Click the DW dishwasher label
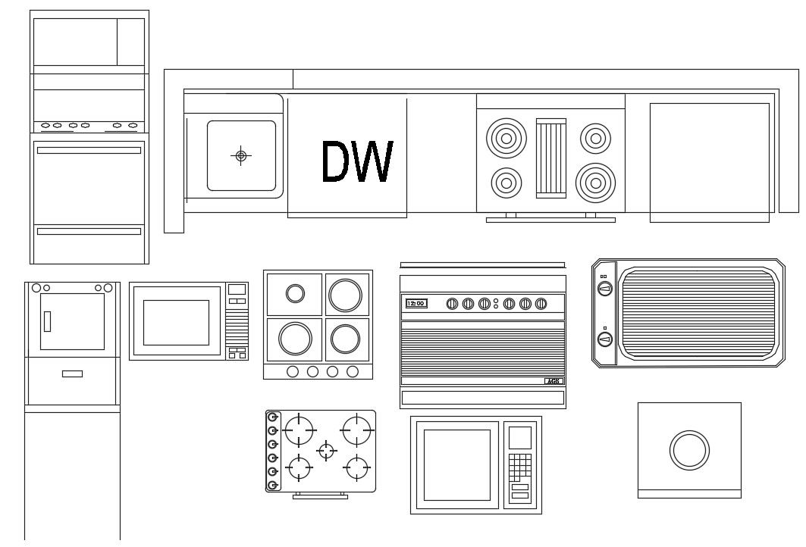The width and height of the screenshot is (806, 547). [357, 162]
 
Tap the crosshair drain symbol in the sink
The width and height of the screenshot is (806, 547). [241, 156]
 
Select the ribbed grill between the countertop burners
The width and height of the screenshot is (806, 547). [551, 158]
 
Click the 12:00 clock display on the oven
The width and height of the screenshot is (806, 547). [416, 303]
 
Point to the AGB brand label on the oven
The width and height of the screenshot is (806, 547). [553, 381]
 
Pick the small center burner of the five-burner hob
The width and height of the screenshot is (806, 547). [327, 451]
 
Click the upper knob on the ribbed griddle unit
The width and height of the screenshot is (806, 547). [604, 288]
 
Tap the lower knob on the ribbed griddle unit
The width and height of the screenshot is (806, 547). [604, 339]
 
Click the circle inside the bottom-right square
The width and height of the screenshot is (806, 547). [688, 450]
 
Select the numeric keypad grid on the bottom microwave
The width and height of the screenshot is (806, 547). [519, 467]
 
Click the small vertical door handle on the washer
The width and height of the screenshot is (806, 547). [46, 321]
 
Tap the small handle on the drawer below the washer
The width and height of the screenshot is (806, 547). [73, 374]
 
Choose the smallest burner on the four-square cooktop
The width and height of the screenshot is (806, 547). [295, 293]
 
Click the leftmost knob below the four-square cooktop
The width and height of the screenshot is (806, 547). [293, 371]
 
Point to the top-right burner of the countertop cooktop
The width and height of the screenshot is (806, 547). [595, 138]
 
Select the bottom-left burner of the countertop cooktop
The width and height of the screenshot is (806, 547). [506, 182]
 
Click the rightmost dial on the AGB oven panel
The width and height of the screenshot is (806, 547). [541, 304]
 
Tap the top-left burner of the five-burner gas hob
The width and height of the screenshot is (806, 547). [300, 431]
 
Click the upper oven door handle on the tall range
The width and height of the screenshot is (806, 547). [89, 150]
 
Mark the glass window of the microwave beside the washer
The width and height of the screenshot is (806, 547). [176, 322]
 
